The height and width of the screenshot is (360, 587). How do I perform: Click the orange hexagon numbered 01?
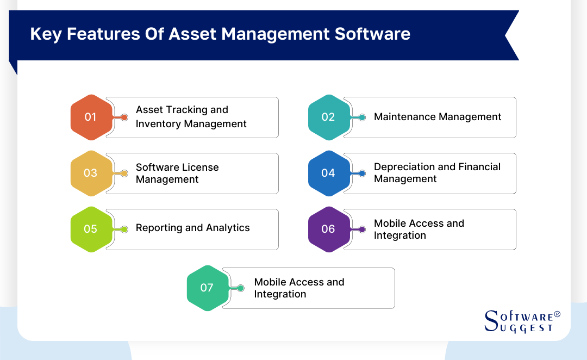point(91,117)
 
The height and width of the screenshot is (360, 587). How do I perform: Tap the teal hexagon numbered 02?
point(328,117)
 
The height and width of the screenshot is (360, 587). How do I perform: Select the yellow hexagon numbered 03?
point(91,173)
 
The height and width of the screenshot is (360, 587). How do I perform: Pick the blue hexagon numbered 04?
point(328,173)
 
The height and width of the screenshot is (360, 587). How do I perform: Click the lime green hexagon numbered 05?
point(91,229)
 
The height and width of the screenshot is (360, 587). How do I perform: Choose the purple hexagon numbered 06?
point(328,229)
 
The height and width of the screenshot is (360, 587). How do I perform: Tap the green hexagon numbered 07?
point(207,288)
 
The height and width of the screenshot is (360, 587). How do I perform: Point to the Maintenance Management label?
point(438,117)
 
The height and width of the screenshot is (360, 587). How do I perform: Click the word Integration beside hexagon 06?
point(399,235)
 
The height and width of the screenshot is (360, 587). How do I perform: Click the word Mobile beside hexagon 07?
point(270,282)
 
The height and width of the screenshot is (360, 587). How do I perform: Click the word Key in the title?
point(43,34)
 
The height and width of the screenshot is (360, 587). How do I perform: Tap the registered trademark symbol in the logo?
point(557,315)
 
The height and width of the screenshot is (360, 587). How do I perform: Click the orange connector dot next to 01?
point(124,117)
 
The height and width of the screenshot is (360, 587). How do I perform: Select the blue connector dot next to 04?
point(362,173)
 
